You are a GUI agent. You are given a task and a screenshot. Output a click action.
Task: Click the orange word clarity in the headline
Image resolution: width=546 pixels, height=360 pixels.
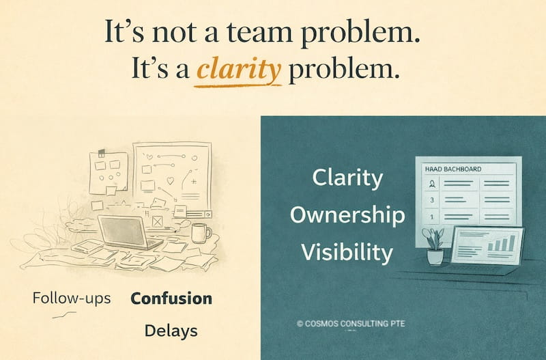point(239,70)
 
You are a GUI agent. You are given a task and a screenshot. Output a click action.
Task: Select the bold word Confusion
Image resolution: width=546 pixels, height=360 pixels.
point(171,299)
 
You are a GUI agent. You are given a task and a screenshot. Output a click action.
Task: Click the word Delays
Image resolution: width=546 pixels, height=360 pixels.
point(171,331)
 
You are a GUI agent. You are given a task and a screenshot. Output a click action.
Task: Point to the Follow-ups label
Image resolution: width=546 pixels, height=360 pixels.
point(72,299)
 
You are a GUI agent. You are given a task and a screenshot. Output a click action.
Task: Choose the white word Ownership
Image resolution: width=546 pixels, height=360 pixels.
point(347,214)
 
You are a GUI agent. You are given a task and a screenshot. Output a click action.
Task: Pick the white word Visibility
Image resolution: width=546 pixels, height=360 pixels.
point(347,252)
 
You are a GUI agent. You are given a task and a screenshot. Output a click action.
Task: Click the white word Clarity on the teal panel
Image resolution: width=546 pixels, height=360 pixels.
point(347,178)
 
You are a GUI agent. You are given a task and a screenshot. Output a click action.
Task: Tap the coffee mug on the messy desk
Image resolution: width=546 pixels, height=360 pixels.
point(200,233)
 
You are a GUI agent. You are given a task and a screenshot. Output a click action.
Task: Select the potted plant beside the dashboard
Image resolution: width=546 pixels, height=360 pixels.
point(433,247)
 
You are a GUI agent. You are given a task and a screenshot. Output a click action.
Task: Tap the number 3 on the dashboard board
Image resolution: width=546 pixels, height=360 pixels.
point(431,201)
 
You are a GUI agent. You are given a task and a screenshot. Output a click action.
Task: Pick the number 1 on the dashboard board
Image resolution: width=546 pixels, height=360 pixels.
point(431,217)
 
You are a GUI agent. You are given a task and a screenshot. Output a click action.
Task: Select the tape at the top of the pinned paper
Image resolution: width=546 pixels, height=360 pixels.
point(100,152)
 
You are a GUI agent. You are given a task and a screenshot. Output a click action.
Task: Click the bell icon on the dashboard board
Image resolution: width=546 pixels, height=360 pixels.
point(431,184)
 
